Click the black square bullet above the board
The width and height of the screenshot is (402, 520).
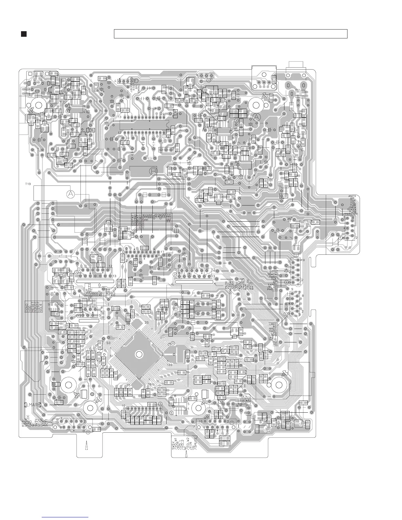pyautogui.click(x=24, y=34)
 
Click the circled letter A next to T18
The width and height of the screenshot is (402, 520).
pyautogui.click(x=70, y=194)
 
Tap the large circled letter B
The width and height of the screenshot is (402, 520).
pyautogui.click(x=153, y=171)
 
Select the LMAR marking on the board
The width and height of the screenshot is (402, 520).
pyautogui.click(x=33, y=405)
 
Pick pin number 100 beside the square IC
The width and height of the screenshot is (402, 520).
pyautogui.click(x=169, y=365)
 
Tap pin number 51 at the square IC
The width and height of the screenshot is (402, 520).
pyautogui.click(x=111, y=356)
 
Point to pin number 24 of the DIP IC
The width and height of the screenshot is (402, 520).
pyautogui.click(x=162, y=114)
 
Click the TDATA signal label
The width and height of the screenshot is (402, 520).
pyautogui.click(x=351, y=209)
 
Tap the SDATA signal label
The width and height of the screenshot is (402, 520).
pyautogui.click(x=273, y=274)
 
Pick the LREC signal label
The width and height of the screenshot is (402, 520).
pyautogui.click(x=273, y=324)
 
